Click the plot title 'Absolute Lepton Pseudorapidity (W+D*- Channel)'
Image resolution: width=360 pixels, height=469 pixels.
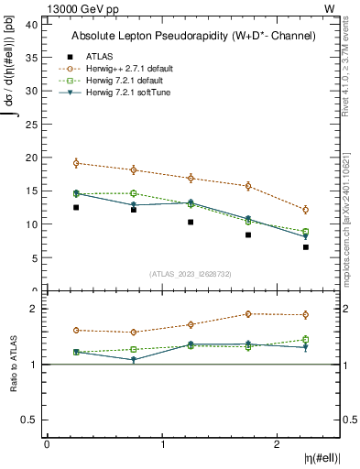[x=192, y=36]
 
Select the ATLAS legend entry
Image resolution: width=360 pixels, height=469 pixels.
[x=100, y=55]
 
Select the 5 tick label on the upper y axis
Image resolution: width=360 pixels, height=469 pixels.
[x=34, y=257]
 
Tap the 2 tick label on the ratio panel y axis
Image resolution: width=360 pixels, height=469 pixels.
[x=34, y=309]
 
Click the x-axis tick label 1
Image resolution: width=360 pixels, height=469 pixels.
[x=162, y=443]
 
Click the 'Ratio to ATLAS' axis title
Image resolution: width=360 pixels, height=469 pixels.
[x=13, y=365]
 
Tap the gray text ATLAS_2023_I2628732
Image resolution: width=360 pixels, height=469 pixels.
[x=192, y=273]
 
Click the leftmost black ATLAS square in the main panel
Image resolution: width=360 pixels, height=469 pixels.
[x=76, y=207]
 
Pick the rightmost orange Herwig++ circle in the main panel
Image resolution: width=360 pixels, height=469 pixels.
[x=306, y=210]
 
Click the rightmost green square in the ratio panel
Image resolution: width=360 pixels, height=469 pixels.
[x=306, y=339]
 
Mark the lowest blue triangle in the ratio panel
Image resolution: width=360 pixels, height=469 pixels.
[x=134, y=360]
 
